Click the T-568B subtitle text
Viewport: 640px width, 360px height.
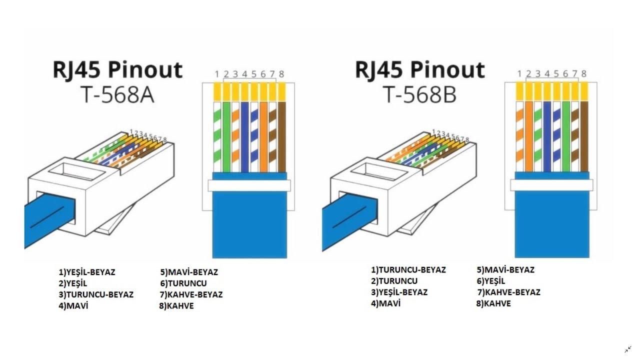pos(420,95)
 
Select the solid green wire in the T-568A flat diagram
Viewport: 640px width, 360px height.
pos(226,137)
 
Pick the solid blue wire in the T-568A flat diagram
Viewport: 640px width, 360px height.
pos(245,137)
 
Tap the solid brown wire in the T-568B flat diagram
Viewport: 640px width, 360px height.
pos(584,136)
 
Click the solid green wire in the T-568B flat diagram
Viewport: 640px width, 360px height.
pos(565,136)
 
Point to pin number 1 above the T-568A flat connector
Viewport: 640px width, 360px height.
pos(217,74)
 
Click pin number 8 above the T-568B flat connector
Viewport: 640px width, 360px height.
pos(583,73)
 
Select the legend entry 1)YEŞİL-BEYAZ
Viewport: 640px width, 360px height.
pos(87,272)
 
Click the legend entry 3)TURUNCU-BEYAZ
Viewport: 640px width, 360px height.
pos(96,294)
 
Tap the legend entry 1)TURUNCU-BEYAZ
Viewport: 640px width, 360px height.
pos(408,269)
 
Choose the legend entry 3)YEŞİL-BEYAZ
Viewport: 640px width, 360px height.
pos(399,292)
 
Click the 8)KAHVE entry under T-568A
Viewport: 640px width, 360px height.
pos(176,306)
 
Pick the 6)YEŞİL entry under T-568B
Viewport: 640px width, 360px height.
pos(491,281)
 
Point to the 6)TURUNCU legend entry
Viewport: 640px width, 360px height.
pos(183,283)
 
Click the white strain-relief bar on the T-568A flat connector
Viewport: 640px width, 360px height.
pos(249,185)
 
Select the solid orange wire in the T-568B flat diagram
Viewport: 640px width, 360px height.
pos(529,136)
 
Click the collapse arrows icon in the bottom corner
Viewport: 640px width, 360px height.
pos(628,349)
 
